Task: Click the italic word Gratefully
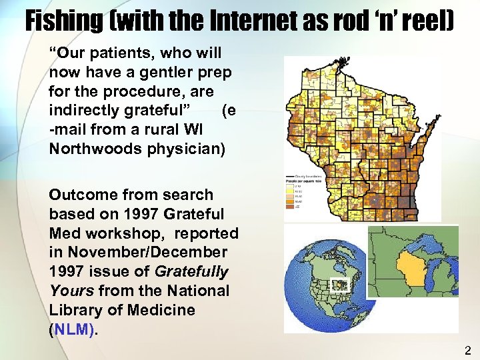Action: coord(191,272)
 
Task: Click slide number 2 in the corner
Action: coord(467,350)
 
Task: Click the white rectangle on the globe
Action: coord(340,285)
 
